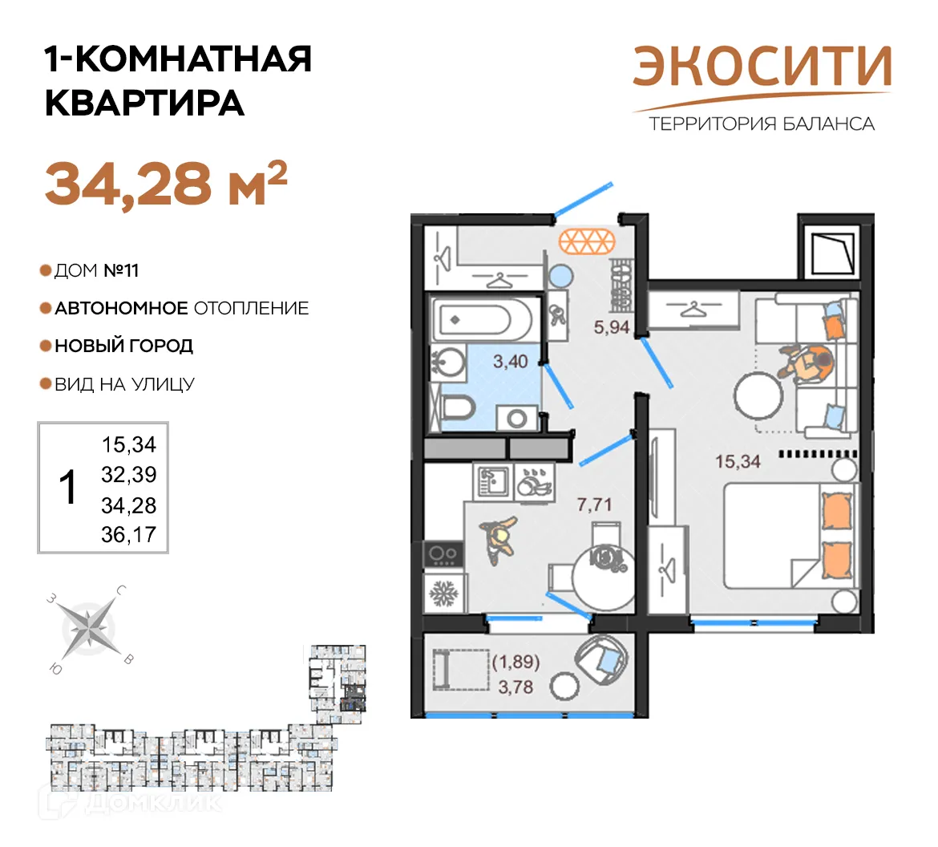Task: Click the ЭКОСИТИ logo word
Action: pos(762,67)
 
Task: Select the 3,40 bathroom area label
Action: pos(510,361)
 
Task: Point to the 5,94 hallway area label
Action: pos(611,326)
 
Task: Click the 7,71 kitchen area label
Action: pos(594,505)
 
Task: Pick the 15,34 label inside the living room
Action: pos(738,461)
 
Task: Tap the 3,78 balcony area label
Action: pos(515,687)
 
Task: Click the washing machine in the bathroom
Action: pos(516,418)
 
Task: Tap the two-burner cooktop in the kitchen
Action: pos(443,553)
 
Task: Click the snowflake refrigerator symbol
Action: pos(443,594)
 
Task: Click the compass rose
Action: pos(89,627)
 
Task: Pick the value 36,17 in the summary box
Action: pos(128,534)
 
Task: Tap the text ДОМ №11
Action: pos(96,271)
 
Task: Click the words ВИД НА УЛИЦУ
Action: pos(124,384)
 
